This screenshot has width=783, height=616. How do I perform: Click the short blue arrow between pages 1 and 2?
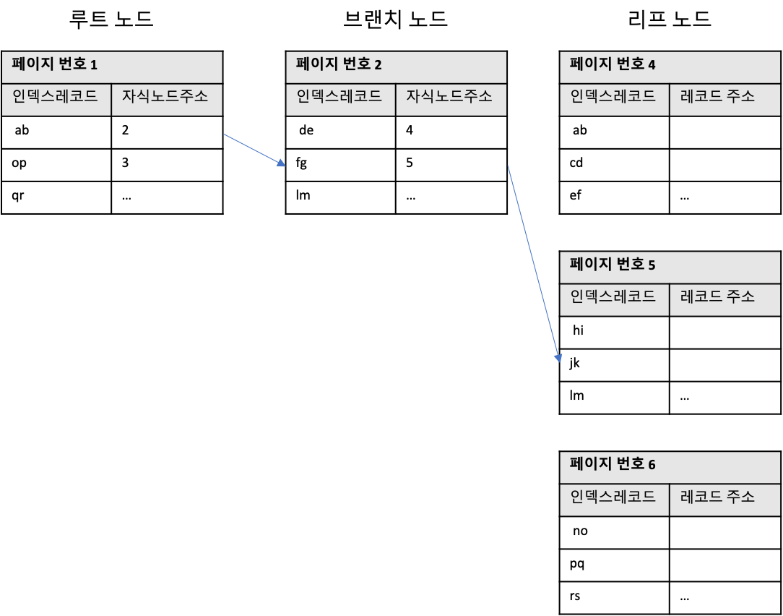click(x=253, y=149)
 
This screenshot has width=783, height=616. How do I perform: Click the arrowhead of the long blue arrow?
click(x=558, y=357)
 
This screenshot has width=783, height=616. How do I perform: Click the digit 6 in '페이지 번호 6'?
click(x=652, y=465)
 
